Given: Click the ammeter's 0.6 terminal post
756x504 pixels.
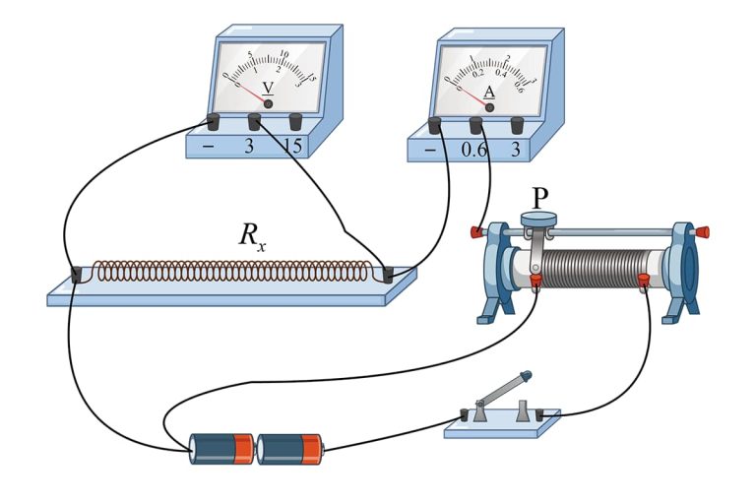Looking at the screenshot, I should (x=475, y=125).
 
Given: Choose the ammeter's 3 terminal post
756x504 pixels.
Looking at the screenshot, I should (x=517, y=125).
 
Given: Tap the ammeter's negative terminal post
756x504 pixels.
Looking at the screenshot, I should (x=434, y=125).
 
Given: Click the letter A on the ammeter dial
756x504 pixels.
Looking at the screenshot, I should (x=489, y=92).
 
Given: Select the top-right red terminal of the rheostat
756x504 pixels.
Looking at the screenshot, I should (x=702, y=232).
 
